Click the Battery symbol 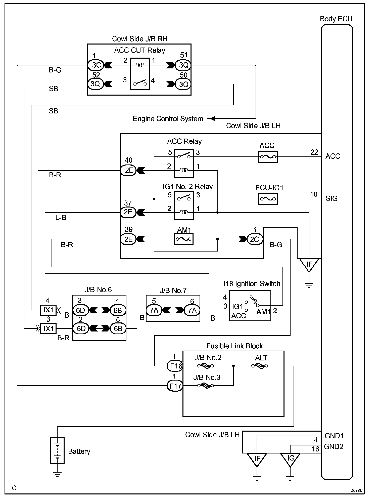[58, 451]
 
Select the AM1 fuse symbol [184, 239]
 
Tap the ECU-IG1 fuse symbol [268, 199]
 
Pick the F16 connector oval [175, 366]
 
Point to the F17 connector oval [175, 386]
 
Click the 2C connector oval [254, 239]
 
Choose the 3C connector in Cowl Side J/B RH [96, 65]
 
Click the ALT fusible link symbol [260, 366]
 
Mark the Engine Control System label [168, 119]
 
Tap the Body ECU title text [336, 19]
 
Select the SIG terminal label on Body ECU [331, 199]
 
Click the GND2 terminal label [334, 446]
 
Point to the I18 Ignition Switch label [252, 284]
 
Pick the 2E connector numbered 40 [128, 171]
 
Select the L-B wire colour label [61, 218]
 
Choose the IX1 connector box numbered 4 [48, 310]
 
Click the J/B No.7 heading [173, 291]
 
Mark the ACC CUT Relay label [139, 50]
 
